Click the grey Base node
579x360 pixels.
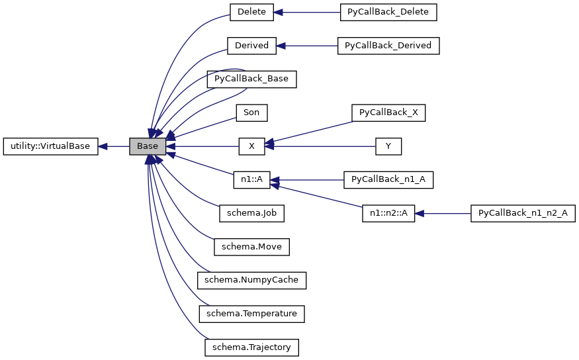point(148,146)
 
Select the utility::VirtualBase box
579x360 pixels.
point(50,146)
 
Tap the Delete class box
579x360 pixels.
point(251,12)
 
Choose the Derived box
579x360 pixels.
point(251,46)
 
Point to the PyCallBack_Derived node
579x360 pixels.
point(388,46)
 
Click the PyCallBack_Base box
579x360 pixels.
point(251,79)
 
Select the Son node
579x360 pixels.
point(251,112)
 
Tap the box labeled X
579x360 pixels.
point(251,146)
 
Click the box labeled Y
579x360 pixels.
point(388,146)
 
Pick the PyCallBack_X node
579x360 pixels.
point(388,112)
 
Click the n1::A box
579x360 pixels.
point(251,180)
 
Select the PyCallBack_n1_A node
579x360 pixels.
point(388,180)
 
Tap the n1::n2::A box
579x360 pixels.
point(388,213)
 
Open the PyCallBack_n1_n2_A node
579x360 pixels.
point(523,213)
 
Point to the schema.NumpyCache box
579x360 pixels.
point(251,280)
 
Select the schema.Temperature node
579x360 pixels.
point(251,314)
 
